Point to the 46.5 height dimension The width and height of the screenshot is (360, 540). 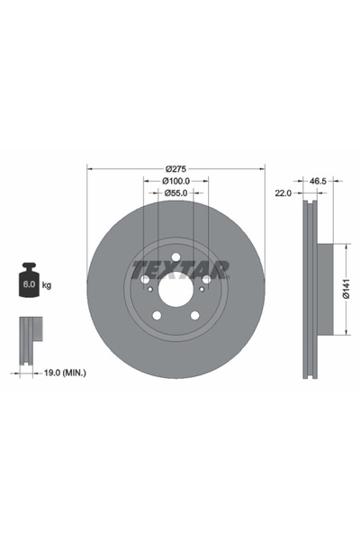(x=317, y=181)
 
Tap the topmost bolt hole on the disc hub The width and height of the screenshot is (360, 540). (x=176, y=262)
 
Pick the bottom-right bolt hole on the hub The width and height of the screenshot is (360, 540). (x=195, y=314)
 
